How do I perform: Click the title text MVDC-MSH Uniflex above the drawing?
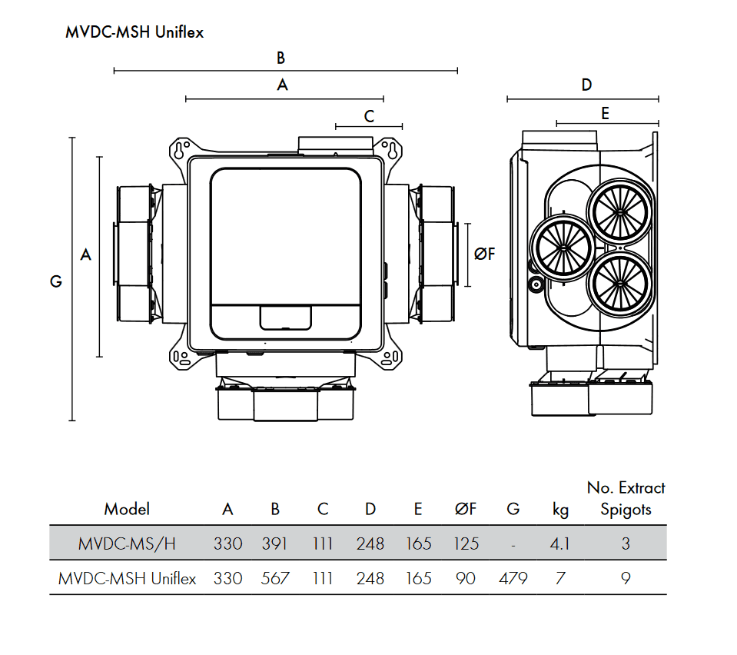tap(134, 33)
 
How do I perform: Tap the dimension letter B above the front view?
tap(281, 58)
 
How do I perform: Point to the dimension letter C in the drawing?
tap(369, 117)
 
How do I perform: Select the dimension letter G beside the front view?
tap(56, 281)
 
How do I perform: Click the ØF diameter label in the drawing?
tap(485, 254)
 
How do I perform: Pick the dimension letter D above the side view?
tap(586, 85)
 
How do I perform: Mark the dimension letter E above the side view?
tap(605, 114)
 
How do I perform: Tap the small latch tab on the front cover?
tap(285, 317)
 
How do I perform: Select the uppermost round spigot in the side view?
tap(619, 208)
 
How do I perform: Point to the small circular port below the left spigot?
tap(535, 284)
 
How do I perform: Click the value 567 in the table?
tap(275, 578)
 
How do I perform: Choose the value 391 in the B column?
tap(275, 544)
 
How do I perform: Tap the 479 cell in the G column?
tap(513, 578)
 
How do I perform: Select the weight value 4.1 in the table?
tap(559, 544)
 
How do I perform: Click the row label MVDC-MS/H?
tap(127, 544)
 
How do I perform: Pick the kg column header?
tap(560, 509)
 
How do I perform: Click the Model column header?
tap(127, 509)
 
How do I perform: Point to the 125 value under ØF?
tap(466, 544)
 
